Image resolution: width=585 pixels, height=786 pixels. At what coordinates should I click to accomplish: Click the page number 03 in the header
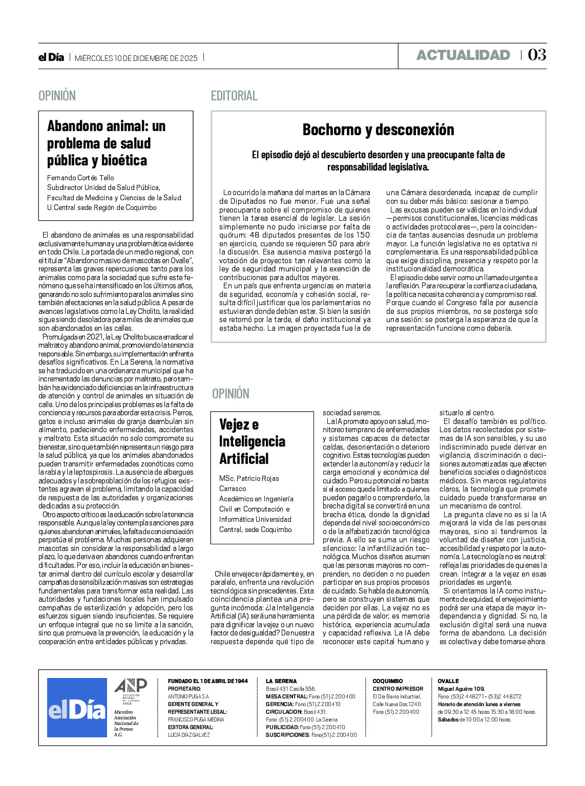pos(537,55)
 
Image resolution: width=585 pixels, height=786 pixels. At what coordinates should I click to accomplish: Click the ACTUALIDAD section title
pos(463,55)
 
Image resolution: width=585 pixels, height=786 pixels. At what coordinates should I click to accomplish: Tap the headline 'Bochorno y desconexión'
pos(378,130)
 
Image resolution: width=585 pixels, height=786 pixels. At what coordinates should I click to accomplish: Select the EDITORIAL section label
pos(234,96)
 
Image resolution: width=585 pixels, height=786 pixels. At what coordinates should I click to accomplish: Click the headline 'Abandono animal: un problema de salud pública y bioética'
pos(107,143)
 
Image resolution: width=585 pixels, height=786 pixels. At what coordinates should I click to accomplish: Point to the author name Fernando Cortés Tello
pos(80,178)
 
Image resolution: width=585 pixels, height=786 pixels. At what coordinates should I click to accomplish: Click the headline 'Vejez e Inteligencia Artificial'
pos(252,441)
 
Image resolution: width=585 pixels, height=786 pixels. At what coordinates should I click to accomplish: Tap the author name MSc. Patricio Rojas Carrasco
pos(249,483)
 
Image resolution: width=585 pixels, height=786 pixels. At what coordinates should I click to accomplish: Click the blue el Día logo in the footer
pos(77,708)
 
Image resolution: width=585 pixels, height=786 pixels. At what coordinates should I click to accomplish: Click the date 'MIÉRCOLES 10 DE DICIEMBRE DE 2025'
pos(136,58)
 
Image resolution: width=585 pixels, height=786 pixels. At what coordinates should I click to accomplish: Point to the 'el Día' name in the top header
pos(51,57)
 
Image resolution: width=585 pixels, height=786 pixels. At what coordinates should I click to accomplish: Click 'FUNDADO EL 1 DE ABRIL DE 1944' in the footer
pos(207,681)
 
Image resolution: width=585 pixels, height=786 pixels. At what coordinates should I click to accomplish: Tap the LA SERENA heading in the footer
pos(281,681)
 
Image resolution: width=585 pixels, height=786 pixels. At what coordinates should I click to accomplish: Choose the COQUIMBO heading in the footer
pos(387,681)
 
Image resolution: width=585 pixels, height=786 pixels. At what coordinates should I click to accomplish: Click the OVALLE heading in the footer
pos(448,681)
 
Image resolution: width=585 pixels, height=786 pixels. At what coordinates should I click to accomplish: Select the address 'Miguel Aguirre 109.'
pos(461,689)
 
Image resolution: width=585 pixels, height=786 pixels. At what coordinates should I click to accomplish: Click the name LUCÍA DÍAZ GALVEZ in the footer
pos(189,735)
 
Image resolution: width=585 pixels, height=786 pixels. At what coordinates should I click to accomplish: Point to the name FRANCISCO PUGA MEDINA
pos(196,719)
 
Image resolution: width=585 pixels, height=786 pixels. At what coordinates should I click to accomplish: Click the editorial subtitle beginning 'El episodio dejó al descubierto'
pos(378,161)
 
